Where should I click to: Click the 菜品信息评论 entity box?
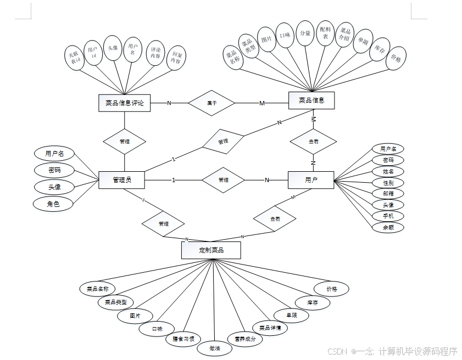(124, 103)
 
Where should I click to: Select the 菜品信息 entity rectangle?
(311, 100)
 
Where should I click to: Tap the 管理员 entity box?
(121, 179)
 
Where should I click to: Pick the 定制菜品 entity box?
(211, 250)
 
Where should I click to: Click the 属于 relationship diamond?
(211, 103)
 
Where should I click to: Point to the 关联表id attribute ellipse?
(73, 58)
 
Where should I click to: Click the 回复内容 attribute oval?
(176, 58)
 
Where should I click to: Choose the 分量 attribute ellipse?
(305, 33)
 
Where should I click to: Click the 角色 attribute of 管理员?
(53, 204)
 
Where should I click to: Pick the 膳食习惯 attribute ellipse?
(183, 338)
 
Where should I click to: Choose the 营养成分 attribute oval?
(245, 339)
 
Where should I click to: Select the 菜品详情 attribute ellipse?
(270, 328)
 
